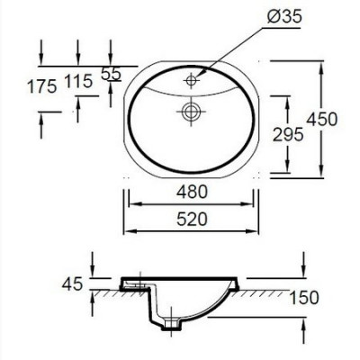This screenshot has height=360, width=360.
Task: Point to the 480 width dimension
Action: (191, 191)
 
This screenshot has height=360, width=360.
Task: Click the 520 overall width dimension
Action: (191, 218)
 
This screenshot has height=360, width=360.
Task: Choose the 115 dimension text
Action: (79, 82)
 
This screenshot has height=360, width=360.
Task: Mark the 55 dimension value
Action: (111, 76)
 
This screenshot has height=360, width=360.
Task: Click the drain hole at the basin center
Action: (191, 112)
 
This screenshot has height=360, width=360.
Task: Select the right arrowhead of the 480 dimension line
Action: (254, 203)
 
